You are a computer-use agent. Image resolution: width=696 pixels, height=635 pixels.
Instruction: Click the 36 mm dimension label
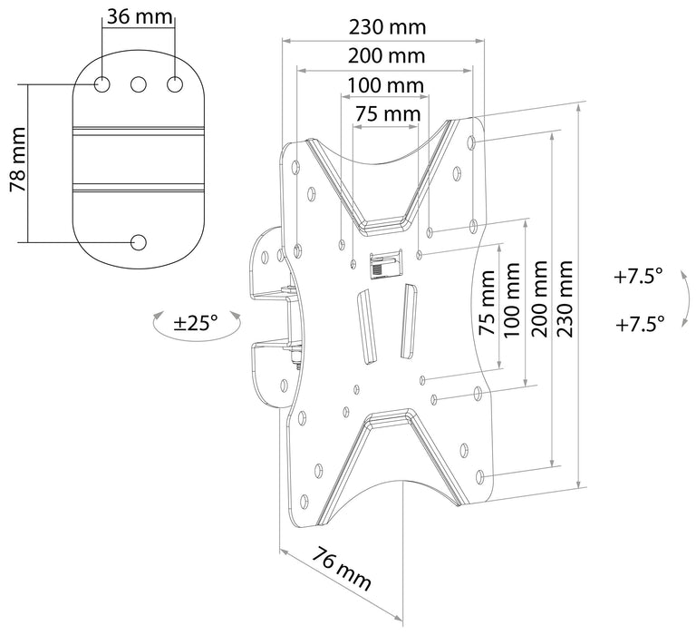click(139, 17)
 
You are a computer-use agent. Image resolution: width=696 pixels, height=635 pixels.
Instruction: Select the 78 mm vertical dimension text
click(17, 162)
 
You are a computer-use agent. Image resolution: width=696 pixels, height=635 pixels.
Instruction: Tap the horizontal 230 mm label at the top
click(387, 26)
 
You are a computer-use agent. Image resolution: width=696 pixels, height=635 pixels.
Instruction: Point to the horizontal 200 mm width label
click(387, 56)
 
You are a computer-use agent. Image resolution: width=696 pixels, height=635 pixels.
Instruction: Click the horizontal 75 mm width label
click(387, 114)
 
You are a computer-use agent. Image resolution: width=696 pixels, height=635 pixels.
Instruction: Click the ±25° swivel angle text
click(197, 321)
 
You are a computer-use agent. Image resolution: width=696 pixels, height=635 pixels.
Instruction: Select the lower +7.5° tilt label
click(639, 322)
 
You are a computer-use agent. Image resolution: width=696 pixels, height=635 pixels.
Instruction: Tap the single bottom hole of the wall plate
click(139, 242)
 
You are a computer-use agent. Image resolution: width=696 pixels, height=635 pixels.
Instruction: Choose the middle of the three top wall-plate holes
click(139, 84)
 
